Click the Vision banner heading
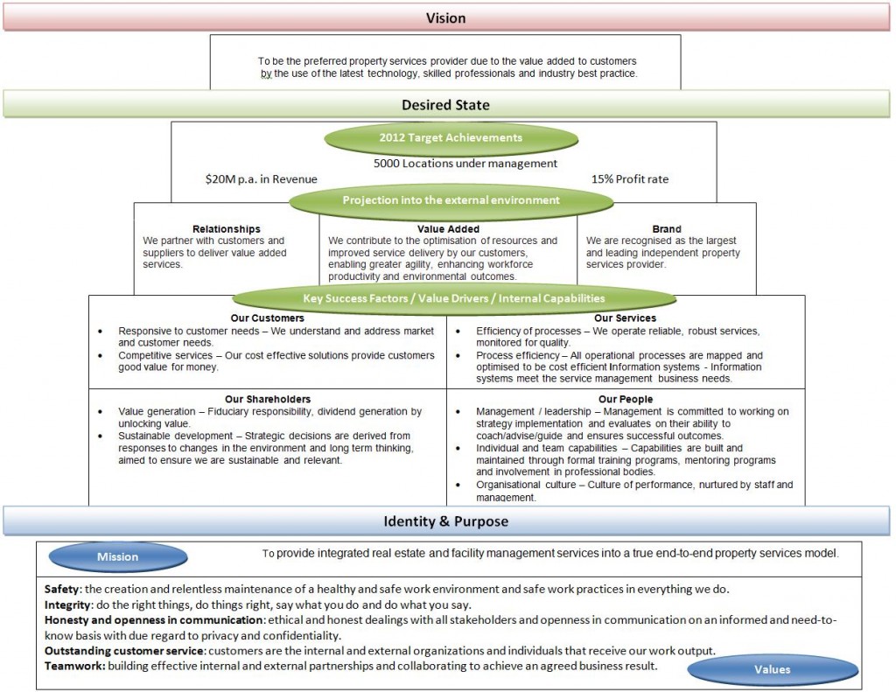click(x=445, y=17)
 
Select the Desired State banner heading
click(x=445, y=105)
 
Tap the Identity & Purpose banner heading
click(x=445, y=522)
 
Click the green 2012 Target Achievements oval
click(x=451, y=137)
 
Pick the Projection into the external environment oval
click(x=451, y=199)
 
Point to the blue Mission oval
click(x=117, y=556)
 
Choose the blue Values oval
click(x=772, y=669)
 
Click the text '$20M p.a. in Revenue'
click(x=261, y=179)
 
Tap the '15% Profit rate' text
click(x=630, y=179)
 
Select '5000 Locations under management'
click(x=465, y=163)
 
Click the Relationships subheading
click(x=226, y=229)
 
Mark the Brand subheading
click(x=667, y=229)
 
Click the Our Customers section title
click(x=268, y=318)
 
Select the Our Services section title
click(x=625, y=318)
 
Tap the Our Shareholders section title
click(x=268, y=399)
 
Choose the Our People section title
click(x=625, y=399)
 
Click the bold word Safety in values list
click(x=61, y=589)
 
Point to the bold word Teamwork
click(x=73, y=666)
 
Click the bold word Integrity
click(x=66, y=605)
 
